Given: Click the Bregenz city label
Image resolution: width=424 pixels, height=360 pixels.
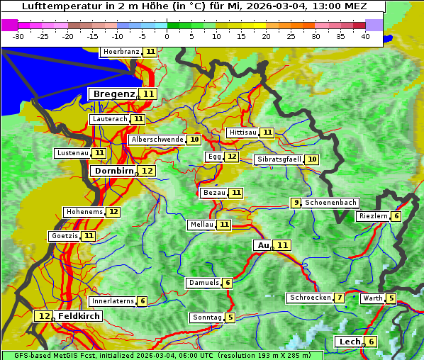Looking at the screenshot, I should [113, 94].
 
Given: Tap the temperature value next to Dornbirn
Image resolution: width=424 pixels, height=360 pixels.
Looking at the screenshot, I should [147, 171].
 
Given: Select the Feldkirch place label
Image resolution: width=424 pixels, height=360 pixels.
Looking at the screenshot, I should [79, 316].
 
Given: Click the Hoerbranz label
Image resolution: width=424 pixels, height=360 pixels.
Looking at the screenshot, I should [120, 52].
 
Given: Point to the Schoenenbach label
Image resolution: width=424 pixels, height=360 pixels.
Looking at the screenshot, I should [330, 203].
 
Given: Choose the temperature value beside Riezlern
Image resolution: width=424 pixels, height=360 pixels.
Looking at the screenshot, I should [396, 216].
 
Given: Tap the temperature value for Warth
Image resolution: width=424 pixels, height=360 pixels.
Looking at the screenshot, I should [391, 298].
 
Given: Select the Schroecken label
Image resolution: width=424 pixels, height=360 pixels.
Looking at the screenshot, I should [310, 298].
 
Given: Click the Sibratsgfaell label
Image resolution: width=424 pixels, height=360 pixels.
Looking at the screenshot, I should [279, 159].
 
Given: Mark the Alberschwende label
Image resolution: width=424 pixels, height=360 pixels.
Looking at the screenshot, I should [157, 140].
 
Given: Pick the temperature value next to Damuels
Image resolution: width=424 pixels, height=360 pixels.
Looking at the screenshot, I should [227, 283].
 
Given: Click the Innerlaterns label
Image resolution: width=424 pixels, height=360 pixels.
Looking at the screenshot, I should [113, 301].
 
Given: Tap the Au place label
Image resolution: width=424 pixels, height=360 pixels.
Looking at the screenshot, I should [263, 245].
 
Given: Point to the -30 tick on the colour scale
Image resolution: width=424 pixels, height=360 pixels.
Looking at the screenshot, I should [19, 35].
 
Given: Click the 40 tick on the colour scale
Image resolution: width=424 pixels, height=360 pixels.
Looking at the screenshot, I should [364, 35].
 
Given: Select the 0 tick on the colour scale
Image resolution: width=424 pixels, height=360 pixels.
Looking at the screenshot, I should [167, 35].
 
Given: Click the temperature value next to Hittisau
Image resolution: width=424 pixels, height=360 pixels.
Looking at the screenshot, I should [267, 133].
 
